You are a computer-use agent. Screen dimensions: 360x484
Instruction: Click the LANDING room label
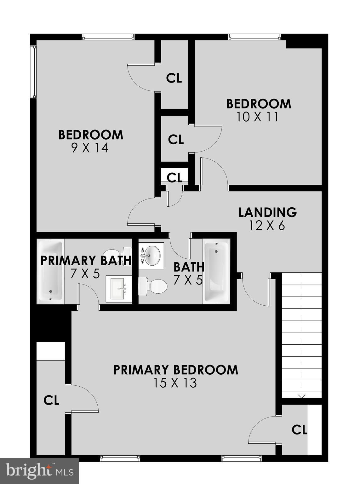pos(267,212)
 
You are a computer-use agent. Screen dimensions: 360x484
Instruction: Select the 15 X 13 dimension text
pos(175,383)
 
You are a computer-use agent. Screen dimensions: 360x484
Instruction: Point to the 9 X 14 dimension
pos(90,148)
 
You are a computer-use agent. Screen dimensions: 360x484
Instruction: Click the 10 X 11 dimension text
pos(257,117)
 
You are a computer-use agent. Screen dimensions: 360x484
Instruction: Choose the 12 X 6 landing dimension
pos(267,226)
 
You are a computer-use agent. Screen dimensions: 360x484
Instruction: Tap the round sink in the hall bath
pos(151,255)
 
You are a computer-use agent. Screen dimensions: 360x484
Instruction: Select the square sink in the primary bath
pos(119,289)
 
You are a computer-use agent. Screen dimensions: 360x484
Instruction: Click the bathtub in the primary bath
pos(51,271)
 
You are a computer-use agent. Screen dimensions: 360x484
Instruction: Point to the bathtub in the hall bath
pos(216,271)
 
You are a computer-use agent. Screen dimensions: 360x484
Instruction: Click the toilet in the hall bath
pos(153,286)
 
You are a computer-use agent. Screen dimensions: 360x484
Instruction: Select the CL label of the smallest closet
pos(174,177)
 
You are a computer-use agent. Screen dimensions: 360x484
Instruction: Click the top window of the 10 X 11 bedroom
pos(254,37)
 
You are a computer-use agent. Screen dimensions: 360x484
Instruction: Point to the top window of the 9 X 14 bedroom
pos(108,37)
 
